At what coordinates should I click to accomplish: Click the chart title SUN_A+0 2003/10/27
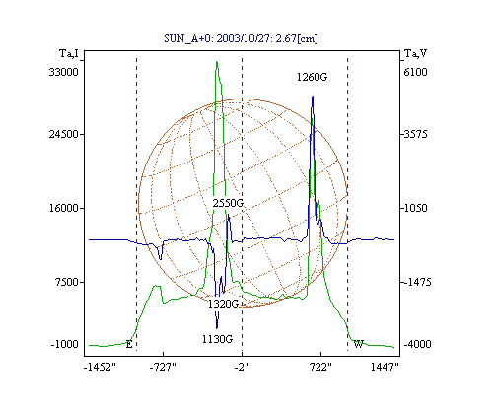241,38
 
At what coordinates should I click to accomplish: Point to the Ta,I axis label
69,53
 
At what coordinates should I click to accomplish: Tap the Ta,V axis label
415,53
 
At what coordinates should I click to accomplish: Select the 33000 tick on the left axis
64,72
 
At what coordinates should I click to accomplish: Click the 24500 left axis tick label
64,134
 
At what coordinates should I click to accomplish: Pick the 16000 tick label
64,208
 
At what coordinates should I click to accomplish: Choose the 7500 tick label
66,282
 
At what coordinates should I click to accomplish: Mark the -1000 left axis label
65,344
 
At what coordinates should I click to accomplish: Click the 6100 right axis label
415,72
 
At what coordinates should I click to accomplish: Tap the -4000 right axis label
417,344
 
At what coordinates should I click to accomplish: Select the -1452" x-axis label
100,367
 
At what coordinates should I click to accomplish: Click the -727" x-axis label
163,367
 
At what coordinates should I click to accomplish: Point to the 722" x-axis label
320,367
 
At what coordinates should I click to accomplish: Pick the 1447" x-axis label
385,367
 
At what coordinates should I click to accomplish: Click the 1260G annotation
312,77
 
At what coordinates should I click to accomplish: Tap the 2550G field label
228,203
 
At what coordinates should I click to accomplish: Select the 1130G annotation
217,339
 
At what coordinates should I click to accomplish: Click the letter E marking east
129,345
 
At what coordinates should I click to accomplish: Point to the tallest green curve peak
217,62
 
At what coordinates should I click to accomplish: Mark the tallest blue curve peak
313,97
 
